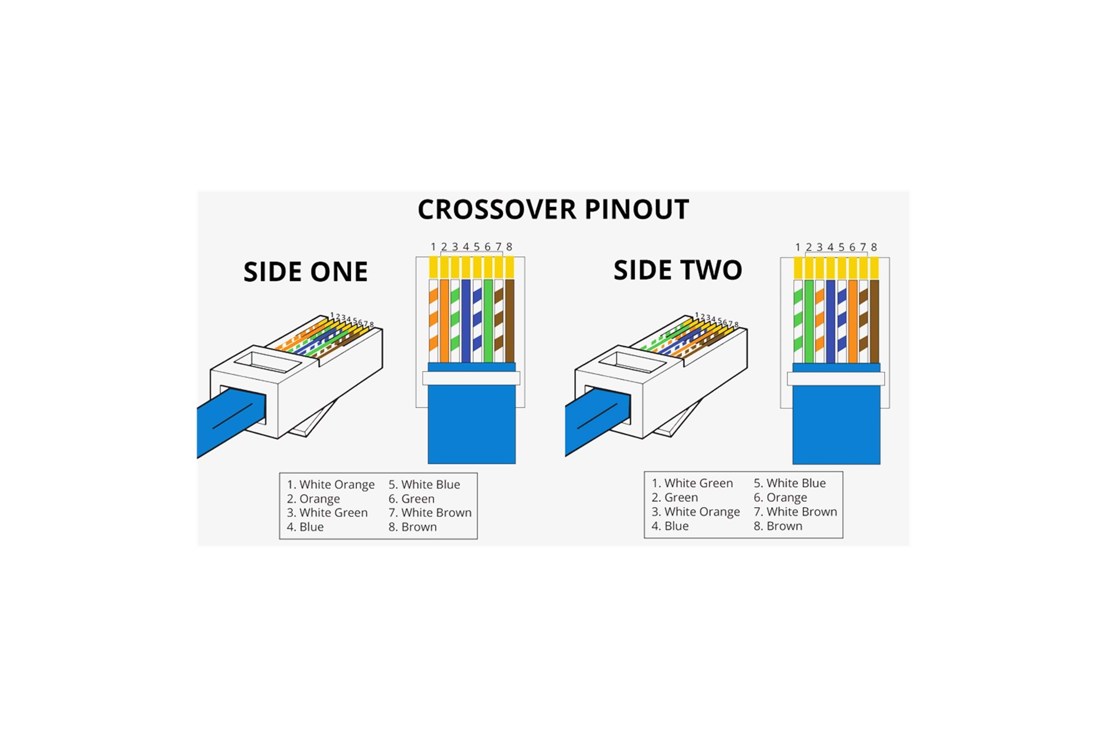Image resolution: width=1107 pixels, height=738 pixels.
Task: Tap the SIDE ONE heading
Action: (306, 272)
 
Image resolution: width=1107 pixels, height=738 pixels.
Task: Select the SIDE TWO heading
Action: (677, 270)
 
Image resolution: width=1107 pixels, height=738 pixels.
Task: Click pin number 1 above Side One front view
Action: (433, 246)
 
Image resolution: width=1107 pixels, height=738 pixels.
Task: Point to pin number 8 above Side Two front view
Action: (874, 247)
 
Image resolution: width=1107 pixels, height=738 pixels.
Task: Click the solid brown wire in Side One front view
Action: (510, 321)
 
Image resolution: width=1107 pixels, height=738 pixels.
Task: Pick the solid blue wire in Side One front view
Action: (466, 321)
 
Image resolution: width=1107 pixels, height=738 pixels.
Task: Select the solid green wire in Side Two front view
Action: (809, 321)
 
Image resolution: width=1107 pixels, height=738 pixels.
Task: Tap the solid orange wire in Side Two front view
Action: (853, 321)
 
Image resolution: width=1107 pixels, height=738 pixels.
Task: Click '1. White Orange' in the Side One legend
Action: (331, 485)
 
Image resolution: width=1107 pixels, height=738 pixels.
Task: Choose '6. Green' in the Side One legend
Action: (411, 499)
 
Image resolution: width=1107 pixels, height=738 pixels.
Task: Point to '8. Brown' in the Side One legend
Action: (412, 527)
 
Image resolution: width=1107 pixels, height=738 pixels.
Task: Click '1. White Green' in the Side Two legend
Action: (692, 483)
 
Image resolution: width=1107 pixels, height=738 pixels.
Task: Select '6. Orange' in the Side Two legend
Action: (780, 497)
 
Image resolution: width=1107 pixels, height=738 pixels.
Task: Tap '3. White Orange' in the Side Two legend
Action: (696, 512)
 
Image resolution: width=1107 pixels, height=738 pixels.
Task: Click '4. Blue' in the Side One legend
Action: (305, 527)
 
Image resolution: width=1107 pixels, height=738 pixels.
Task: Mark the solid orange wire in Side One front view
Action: (444, 321)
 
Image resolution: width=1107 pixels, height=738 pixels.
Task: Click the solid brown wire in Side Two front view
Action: (874, 321)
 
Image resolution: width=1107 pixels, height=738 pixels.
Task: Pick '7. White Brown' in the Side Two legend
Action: (795, 512)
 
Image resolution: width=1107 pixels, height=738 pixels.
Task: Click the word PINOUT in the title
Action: (637, 210)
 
